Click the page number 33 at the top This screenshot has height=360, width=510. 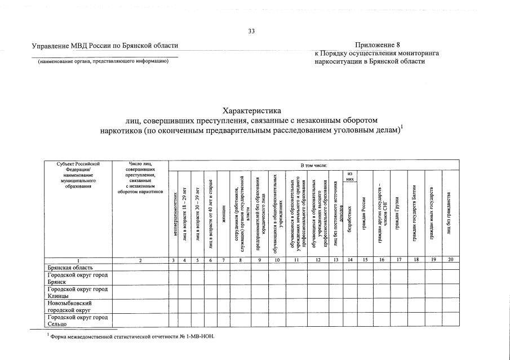252,31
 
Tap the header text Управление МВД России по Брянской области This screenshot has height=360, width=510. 105,45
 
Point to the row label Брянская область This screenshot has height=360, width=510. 70,266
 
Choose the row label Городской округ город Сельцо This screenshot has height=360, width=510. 78,319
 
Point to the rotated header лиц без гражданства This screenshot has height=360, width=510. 449,214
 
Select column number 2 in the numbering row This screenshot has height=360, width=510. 140,260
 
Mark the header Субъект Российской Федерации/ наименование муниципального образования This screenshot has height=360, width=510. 78,175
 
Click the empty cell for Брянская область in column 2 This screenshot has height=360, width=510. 140,266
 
